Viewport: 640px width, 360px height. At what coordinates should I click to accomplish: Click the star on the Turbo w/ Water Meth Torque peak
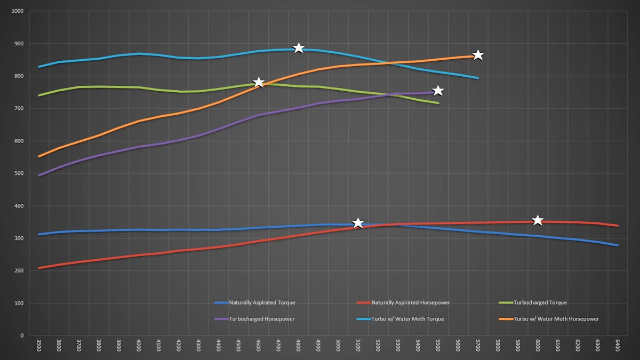pos(299,48)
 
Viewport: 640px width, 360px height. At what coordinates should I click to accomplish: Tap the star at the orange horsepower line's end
pos(478,55)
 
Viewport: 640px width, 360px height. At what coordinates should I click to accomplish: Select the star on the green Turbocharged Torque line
pos(259,82)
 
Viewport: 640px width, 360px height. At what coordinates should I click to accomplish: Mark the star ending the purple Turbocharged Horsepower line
pos(438,91)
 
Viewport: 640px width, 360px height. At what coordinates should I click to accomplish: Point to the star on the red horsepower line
pos(538,220)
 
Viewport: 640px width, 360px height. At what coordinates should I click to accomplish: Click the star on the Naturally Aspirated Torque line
pos(358,223)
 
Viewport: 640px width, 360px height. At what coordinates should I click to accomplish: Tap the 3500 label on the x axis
pos(39,345)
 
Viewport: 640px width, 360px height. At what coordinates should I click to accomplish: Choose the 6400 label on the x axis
pos(618,345)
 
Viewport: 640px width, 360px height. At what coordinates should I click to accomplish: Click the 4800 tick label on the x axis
pos(298,345)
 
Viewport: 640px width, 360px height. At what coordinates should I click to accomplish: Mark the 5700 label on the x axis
pos(478,345)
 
